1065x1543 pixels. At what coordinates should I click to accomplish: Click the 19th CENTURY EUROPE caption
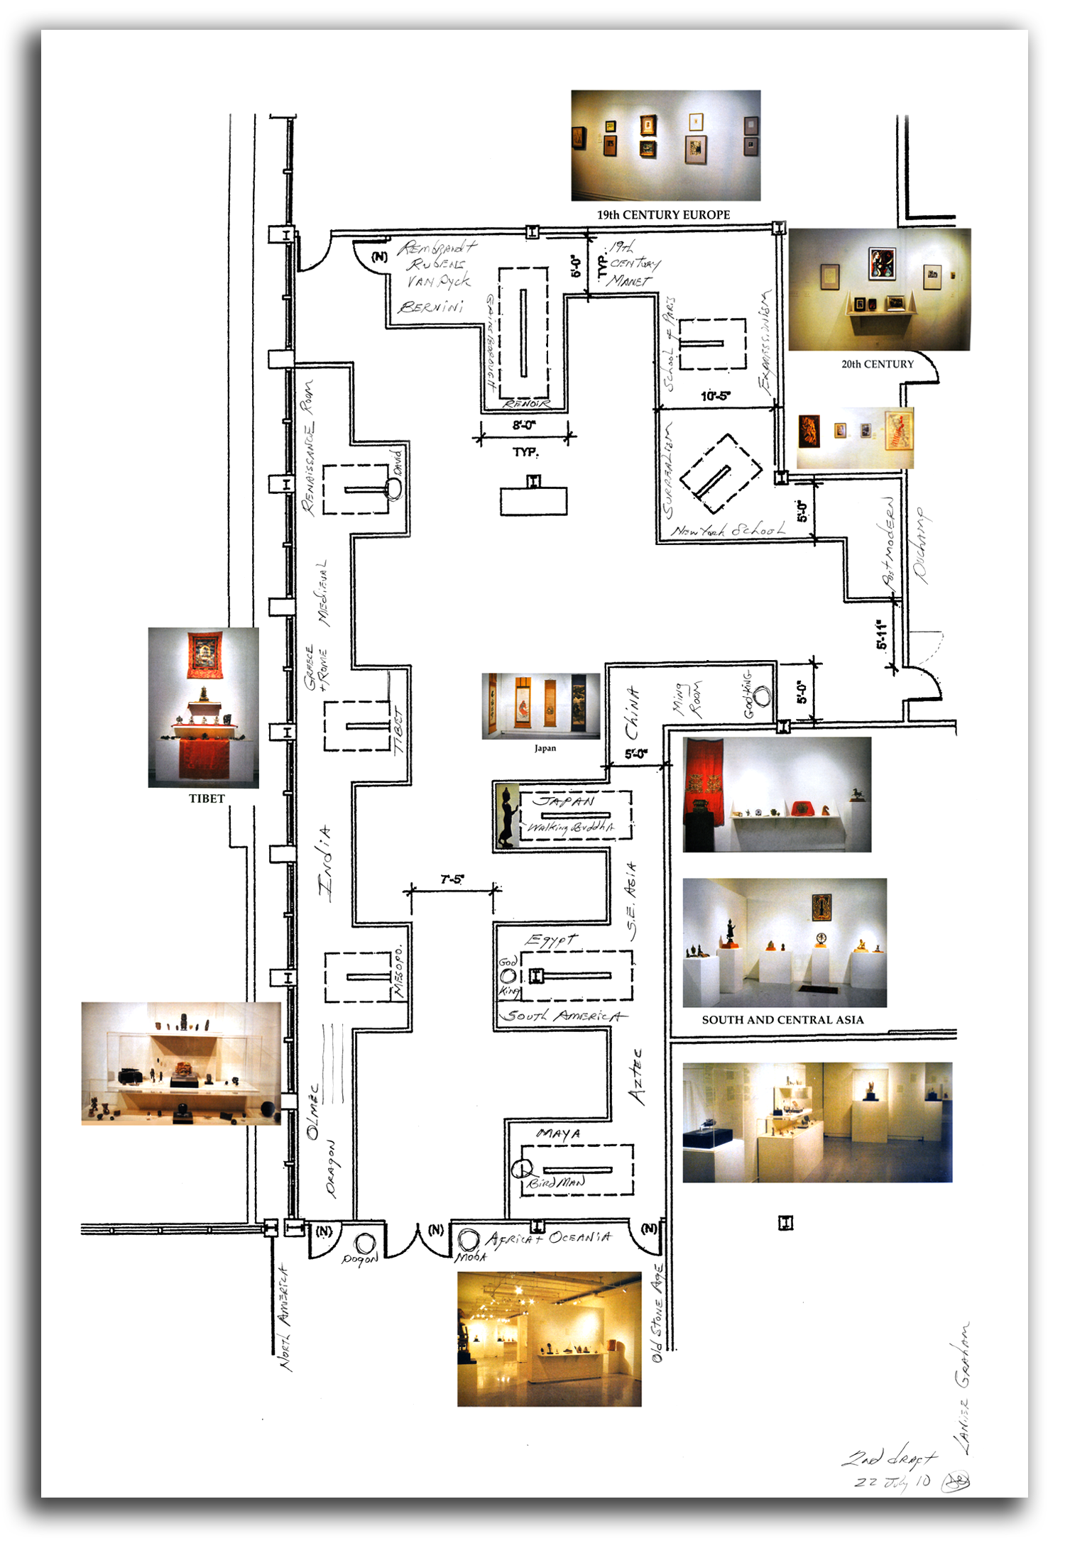tap(663, 214)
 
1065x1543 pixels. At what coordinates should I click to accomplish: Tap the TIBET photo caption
tap(207, 798)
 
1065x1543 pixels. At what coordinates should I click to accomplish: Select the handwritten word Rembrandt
tap(436, 248)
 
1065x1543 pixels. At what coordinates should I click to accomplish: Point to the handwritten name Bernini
tap(431, 307)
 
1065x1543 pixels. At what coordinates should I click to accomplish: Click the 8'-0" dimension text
tap(525, 425)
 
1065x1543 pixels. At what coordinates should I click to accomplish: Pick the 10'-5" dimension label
tap(715, 396)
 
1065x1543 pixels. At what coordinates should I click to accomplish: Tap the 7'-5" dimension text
tap(452, 879)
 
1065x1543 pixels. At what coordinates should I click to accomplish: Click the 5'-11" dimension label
tap(882, 635)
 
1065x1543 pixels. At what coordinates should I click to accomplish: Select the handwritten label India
tap(325, 863)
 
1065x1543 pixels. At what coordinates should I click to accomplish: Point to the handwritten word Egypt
tap(551, 940)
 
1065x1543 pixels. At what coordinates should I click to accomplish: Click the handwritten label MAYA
tap(558, 1133)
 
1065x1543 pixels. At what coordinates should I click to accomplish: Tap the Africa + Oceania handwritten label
tap(548, 1238)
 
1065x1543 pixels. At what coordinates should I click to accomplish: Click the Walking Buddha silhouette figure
tap(507, 816)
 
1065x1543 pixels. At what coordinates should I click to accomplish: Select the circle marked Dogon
tap(365, 1243)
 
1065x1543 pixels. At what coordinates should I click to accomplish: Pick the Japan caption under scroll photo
tap(545, 748)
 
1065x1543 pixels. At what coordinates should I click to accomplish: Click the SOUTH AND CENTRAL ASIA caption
tap(782, 1020)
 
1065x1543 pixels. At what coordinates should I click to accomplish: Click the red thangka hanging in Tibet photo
tap(204, 654)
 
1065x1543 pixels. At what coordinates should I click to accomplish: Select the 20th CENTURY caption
tap(878, 364)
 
